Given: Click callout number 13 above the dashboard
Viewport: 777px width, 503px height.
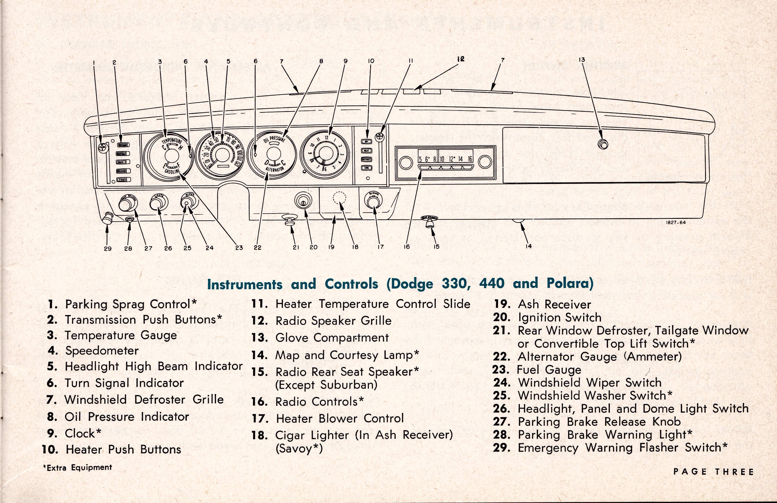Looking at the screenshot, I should point(582,60).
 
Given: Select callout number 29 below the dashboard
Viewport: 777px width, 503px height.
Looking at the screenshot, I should point(108,248).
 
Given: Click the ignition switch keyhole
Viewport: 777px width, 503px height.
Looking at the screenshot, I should point(303,203).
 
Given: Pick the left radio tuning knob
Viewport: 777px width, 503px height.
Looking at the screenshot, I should point(406,162).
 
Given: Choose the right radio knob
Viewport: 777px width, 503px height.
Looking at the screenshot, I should point(485,162).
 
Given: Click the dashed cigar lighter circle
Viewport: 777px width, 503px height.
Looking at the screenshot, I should point(339,197).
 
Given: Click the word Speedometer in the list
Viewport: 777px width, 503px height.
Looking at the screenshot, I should point(102,350).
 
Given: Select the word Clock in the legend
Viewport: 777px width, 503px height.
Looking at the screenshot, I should point(80,434).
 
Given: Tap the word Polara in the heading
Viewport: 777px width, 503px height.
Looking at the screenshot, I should point(570,283).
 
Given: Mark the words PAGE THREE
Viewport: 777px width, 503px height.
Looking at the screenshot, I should point(713,472).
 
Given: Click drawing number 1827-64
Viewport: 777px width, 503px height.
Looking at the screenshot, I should point(676,223).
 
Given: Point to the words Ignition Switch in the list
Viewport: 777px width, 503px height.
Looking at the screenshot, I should point(560,317).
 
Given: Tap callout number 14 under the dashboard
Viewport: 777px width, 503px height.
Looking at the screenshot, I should point(529,246).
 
